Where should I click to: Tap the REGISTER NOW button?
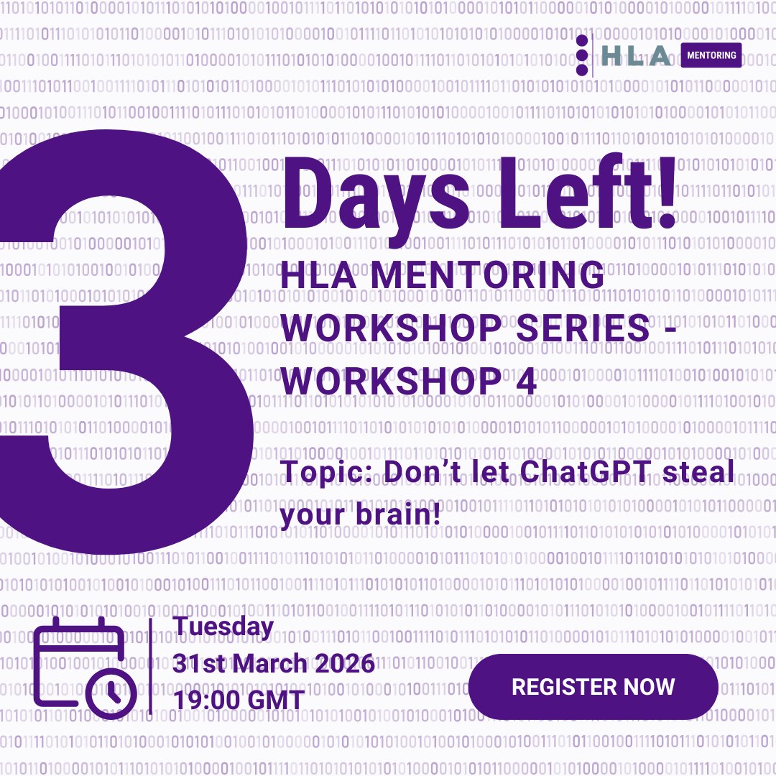coord(593,686)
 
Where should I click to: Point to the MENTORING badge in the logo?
coord(711,55)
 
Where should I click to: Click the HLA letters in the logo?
coord(637,56)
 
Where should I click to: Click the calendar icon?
coord(79,661)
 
